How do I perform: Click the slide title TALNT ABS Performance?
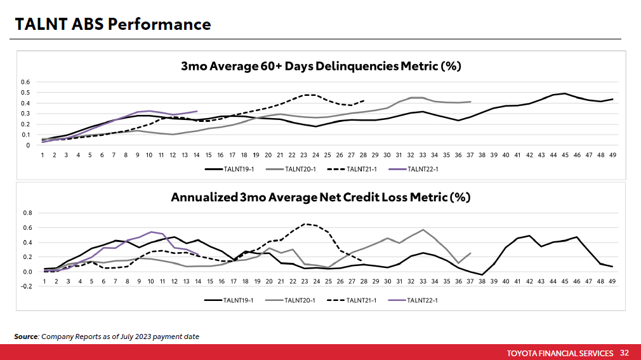pos(113,24)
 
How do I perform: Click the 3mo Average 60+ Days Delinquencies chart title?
pos(320,66)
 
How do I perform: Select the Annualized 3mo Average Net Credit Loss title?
pos(320,197)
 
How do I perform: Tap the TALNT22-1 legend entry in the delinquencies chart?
pos(422,169)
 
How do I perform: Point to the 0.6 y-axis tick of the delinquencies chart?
pos(25,83)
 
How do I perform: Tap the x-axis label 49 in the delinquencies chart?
pos(612,155)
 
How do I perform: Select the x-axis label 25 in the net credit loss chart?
pos(328,280)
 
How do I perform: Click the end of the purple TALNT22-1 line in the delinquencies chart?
pos(197,111)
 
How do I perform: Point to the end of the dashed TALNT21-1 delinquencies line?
pos(364,100)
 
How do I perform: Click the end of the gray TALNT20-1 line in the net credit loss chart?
pos(470,253)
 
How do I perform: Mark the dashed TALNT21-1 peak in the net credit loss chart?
pos(305,223)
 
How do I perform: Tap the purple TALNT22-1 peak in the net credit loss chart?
pos(151,232)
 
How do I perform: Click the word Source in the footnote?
pos(26,336)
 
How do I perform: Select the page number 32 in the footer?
pos(624,353)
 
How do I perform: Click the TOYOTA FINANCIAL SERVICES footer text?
pos(560,353)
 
